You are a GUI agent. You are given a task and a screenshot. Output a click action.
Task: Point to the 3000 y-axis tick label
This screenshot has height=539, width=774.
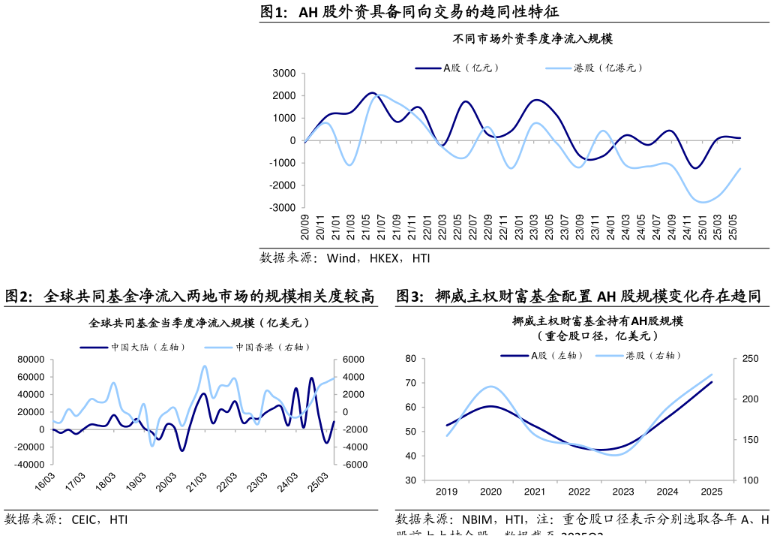pos(284,74)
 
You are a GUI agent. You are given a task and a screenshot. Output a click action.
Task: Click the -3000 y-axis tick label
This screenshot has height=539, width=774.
pos(283,208)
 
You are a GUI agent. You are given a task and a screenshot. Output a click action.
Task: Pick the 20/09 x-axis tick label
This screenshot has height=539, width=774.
pos(305,227)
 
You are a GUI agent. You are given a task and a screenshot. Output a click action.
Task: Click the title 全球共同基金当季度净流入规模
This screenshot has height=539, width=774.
pos(199,324)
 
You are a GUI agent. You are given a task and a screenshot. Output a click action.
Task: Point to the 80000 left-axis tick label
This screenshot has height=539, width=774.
pos(31,360)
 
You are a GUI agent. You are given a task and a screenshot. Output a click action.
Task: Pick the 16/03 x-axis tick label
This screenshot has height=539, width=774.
pos(46,481)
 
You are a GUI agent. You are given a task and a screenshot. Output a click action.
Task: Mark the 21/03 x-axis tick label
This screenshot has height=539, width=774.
pos(197,481)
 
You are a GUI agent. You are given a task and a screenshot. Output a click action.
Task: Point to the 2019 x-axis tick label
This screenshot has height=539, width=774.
pos(446,492)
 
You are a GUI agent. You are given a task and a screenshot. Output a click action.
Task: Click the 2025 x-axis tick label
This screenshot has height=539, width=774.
pos(711,492)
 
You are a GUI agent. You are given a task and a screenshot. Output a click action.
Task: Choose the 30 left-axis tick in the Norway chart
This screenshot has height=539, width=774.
pos(410,480)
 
